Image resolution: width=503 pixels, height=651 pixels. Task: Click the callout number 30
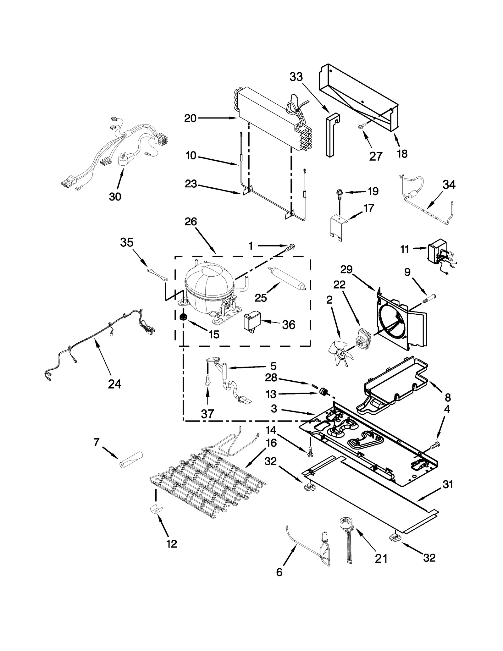pyautogui.click(x=115, y=196)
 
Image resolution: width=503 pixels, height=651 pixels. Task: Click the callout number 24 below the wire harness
pyautogui.click(x=114, y=384)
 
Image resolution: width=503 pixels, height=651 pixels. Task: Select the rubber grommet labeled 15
pyautogui.click(x=182, y=318)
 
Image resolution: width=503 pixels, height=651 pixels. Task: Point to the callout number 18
pyautogui.click(x=402, y=153)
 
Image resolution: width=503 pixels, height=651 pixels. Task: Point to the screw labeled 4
pyautogui.click(x=436, y=444)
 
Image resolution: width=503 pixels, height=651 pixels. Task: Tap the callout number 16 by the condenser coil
pyautogui.click(x=271, y=443)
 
